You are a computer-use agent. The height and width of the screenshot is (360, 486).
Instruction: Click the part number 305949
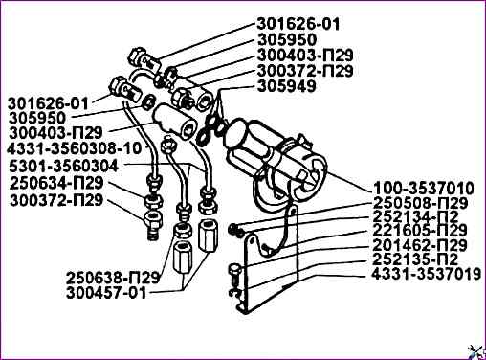(x=286, y=86)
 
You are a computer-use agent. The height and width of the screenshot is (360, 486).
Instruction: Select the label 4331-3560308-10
(x=75, y=148)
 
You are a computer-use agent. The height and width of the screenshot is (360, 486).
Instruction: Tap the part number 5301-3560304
(x=64, y=166)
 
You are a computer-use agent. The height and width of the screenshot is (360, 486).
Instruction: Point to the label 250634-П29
(x=56, y=183)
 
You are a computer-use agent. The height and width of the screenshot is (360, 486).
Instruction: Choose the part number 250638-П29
(x=113, y=278)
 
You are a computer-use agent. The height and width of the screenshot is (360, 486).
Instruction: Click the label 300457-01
(x=106, y=293)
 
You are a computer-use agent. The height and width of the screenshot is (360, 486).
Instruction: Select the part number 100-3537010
(x=424, y=189)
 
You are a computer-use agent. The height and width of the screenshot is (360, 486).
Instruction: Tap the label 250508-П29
(x=420, y=203)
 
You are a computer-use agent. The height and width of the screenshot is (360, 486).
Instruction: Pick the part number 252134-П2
(x=416, y=217)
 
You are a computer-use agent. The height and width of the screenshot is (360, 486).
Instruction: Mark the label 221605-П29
(x=420, y=231)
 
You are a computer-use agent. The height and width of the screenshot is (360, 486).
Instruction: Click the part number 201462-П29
(x=420, y=245)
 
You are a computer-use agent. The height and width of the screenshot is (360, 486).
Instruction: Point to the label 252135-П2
(x=416, y=259)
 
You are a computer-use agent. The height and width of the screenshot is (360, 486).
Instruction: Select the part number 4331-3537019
(x=427, y=274)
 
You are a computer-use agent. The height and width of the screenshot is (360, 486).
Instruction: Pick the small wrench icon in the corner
(x=475, y=351)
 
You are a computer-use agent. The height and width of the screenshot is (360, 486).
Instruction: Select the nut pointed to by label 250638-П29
(x=183, y=229)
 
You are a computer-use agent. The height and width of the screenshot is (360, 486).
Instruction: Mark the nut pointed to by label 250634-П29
(x=154, y=201)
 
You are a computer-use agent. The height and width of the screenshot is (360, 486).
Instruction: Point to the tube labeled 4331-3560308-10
(x=141, y=137)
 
